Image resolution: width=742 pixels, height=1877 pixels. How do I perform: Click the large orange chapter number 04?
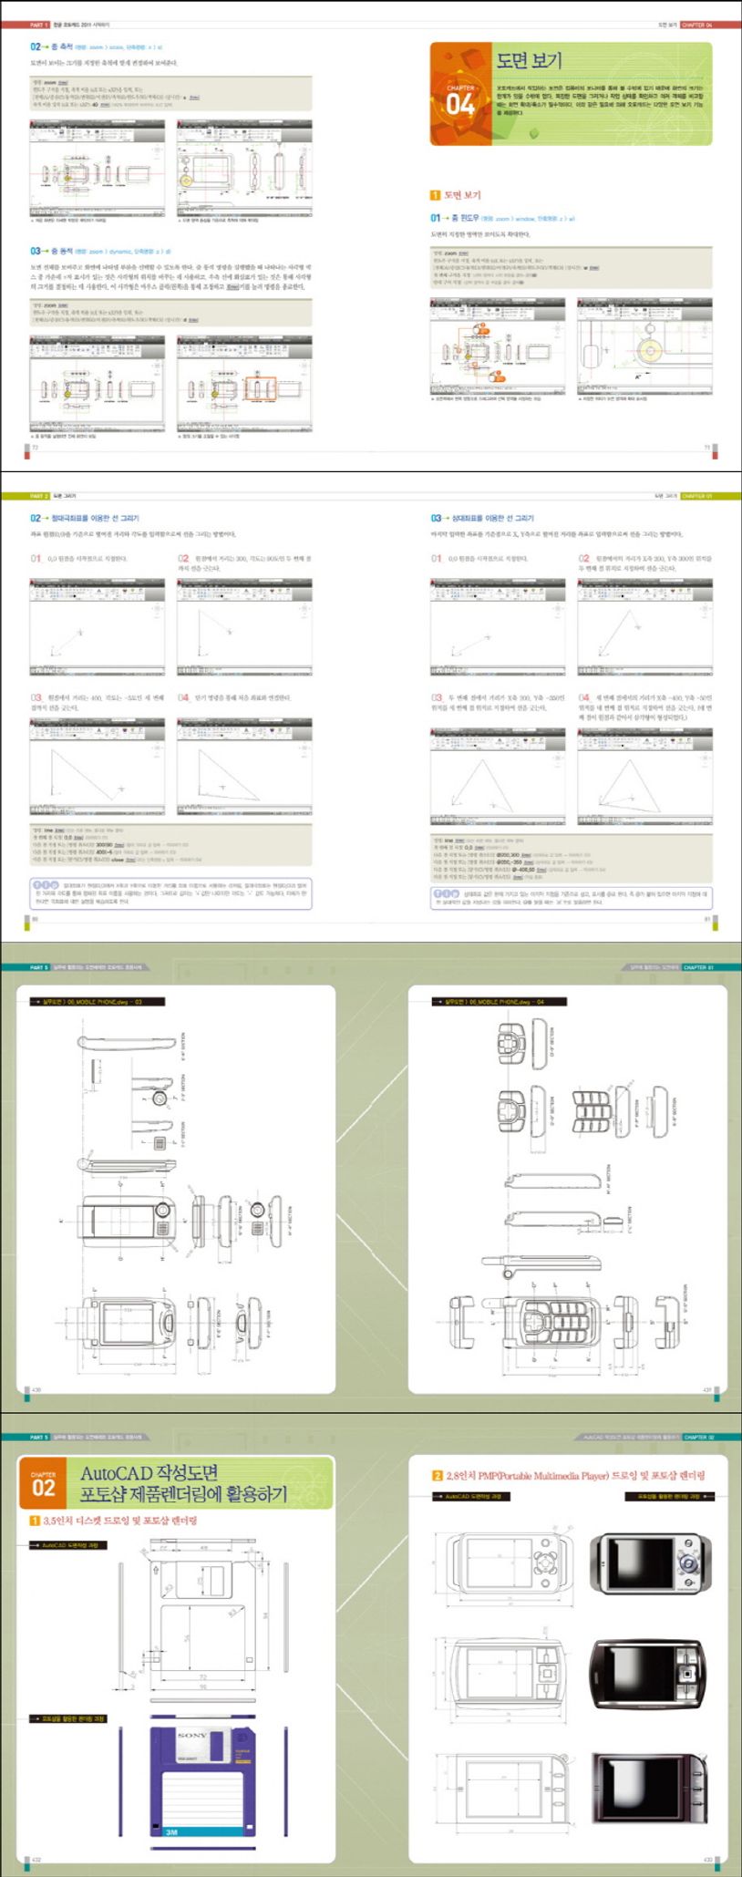pyautogui.click(x=460, y=105)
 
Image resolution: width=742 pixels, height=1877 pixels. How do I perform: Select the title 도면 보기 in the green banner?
pyautogui.click(x=530, y=61)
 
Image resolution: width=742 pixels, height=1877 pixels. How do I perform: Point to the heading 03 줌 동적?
pyautogui.click(x=50, y=251)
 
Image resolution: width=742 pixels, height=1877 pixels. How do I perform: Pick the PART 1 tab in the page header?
pyautogui.click(x=39, y=26)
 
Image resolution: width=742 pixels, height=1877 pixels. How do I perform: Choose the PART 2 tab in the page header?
pyautogui.click(x=39, y=496)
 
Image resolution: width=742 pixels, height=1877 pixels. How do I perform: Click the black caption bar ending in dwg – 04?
pyautogui.click(x=499, y=1001)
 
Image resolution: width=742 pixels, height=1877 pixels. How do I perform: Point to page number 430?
pyautogui.click(x=36, y=1390)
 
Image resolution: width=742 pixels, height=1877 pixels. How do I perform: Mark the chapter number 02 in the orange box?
pyautogui.click(x=44, y=1488)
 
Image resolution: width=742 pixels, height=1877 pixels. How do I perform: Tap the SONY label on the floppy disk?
pyautogui.click(x=191, y=1736)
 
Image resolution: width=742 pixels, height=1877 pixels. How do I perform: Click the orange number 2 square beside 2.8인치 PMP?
pyautogui.click(x=438, y=1475)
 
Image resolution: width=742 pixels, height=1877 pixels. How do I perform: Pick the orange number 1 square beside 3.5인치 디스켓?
pyautogui.click(x=35, y=1521)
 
